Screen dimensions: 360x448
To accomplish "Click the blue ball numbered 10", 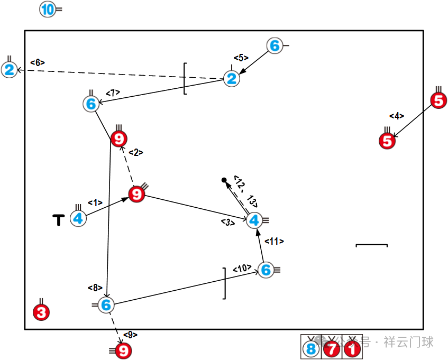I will tap(48, 10).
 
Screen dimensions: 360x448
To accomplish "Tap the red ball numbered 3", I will tap(41, 312).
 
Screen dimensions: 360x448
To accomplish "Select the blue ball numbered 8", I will tap(311, 349).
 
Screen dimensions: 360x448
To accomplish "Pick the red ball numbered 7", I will tap(332, 349).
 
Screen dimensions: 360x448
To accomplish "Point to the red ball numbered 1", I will tap(352, 349).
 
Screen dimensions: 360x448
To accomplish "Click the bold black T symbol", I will tap(59, 219).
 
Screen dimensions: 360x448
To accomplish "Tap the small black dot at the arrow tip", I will tap(224, 181).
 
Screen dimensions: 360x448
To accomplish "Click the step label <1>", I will tap(95, 202).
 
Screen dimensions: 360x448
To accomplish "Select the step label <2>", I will tap(136, 153).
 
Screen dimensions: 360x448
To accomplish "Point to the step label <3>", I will tap(228, 223).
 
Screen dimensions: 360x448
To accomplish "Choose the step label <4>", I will tap(397, 116).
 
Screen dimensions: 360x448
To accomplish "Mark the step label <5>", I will tap(241, 58).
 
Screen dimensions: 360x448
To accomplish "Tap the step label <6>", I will tap(38, 62).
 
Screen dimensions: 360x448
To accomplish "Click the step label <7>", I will tap(113, 93).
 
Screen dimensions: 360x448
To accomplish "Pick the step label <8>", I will tap(95, 288).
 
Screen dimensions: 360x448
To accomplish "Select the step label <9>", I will tap(130, 335).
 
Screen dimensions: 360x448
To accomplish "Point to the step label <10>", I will tap(241, 269).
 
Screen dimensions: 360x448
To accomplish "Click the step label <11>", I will tap(274, 242).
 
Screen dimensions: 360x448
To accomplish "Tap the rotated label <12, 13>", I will tap(245, 191).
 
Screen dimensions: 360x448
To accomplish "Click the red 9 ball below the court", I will tap(123, 350).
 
